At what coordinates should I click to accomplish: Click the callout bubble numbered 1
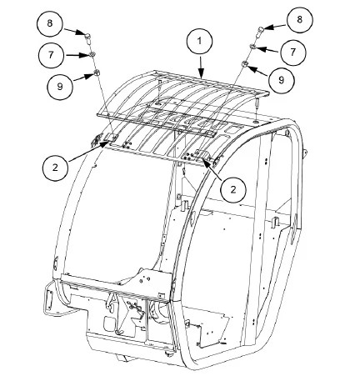click(199, 42)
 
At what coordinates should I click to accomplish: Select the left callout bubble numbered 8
click(50, 23)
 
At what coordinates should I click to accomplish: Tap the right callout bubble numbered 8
click(300, 20)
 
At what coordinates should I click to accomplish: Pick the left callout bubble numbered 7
click(51, 55)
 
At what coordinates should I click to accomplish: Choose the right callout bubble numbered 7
click(293, 53)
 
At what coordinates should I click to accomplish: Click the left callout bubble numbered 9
click(60, 87)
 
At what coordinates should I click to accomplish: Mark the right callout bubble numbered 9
click(282, 80)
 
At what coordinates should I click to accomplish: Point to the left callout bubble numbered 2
click(56, 168)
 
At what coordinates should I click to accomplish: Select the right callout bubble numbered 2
click(233, 190)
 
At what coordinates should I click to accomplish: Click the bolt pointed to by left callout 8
click(87, 38)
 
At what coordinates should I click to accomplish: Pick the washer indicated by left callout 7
click(92, 55)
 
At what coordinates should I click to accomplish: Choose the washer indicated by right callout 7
click(252, 47)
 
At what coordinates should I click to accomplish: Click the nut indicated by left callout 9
click(97, 73)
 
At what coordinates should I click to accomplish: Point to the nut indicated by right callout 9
click(245, 64)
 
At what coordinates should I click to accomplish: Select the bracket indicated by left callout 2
click(112, 138)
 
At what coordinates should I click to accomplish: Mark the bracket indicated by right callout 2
click(201, 154)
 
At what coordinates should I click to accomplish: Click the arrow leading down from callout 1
click(201, 66)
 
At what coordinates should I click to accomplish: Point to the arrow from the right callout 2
click(213, 169)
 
